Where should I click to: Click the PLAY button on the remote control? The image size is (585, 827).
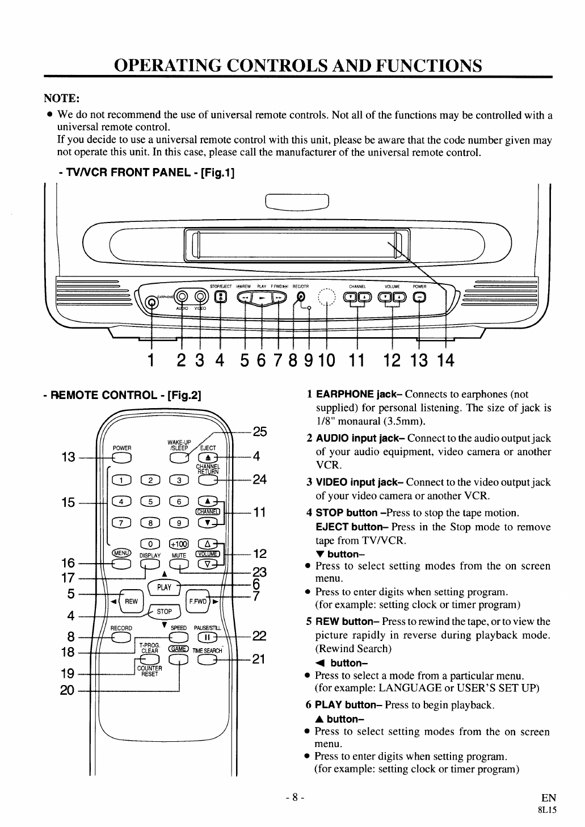(164, 587)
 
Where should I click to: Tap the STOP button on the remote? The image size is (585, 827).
(164, 611)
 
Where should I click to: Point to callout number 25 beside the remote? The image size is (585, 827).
(259, 431)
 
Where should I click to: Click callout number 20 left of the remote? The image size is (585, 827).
(67, 691)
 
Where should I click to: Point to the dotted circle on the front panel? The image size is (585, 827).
(327, 298)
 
